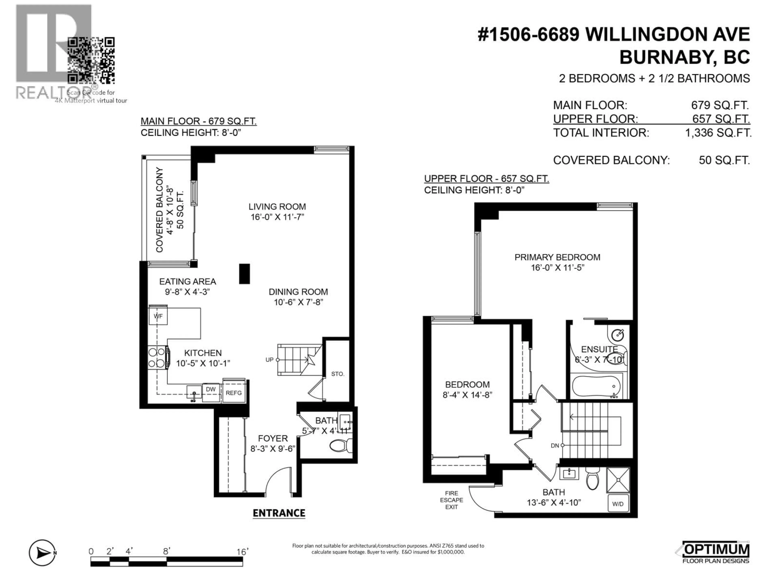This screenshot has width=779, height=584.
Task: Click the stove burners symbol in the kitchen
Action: (157, 357)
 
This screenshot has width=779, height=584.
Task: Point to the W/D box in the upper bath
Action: (618, 504)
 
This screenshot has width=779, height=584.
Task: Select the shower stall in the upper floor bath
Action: (618, 480)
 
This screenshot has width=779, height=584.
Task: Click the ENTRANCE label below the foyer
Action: (279, 513)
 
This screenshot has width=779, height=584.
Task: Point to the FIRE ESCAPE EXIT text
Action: (452, 500)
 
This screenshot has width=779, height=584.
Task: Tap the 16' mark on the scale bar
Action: (242, 552)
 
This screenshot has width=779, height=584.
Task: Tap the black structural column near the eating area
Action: (244, 274)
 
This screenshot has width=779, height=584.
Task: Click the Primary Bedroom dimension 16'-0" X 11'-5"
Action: (557, 267)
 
